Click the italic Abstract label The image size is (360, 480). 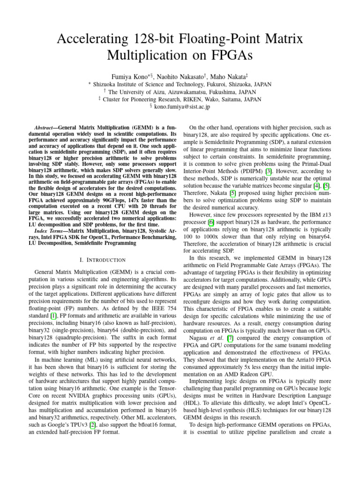pos(46,127)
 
